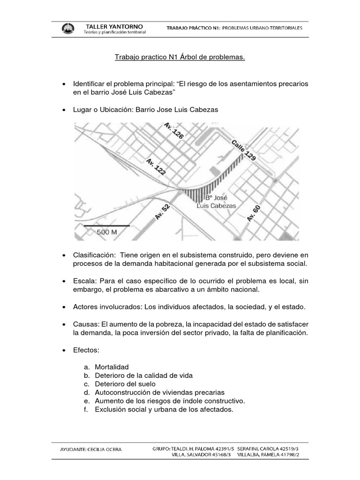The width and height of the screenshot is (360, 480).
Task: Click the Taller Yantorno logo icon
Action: (x=67, y=29)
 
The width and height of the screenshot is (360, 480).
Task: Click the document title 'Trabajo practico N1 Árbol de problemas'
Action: (x=180, y=57)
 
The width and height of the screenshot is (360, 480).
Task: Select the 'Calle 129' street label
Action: (x=243, y=150)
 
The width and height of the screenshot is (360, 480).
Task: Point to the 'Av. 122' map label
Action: (x=156, y=167)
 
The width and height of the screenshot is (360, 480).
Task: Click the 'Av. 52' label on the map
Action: (x=162, y=212)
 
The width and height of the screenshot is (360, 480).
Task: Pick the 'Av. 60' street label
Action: (x=253, y=213)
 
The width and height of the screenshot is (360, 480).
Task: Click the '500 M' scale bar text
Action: (x=107, y=232)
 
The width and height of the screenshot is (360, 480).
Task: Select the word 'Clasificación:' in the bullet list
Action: (x=94, y=255)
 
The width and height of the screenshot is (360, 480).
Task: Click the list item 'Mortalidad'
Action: (x=112, y=367)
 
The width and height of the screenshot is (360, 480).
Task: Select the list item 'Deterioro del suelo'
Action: (x=125, y=384)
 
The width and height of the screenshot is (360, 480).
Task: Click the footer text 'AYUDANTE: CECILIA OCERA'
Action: (x=91, y=449)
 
